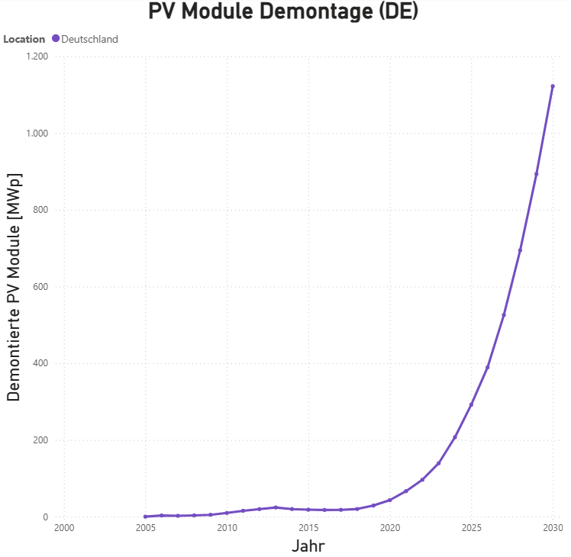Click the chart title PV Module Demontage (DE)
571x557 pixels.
[284, 13]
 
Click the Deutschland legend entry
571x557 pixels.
[89, 39]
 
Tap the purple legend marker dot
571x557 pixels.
[56, 39]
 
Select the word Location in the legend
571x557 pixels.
[24, 39]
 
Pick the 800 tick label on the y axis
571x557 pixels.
[40, 210]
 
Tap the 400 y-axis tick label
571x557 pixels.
[40, 363]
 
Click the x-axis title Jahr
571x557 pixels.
[308, 546]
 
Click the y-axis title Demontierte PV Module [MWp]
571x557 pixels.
[14, 287]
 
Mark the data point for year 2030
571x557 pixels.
[553, 86]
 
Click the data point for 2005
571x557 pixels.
[145, 517]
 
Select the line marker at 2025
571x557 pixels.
[471, 404]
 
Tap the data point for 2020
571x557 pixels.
[389, 500]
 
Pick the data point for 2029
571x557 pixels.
[536, 174]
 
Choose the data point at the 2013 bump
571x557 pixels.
[276, 507]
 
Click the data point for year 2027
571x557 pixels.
[504, 315]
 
